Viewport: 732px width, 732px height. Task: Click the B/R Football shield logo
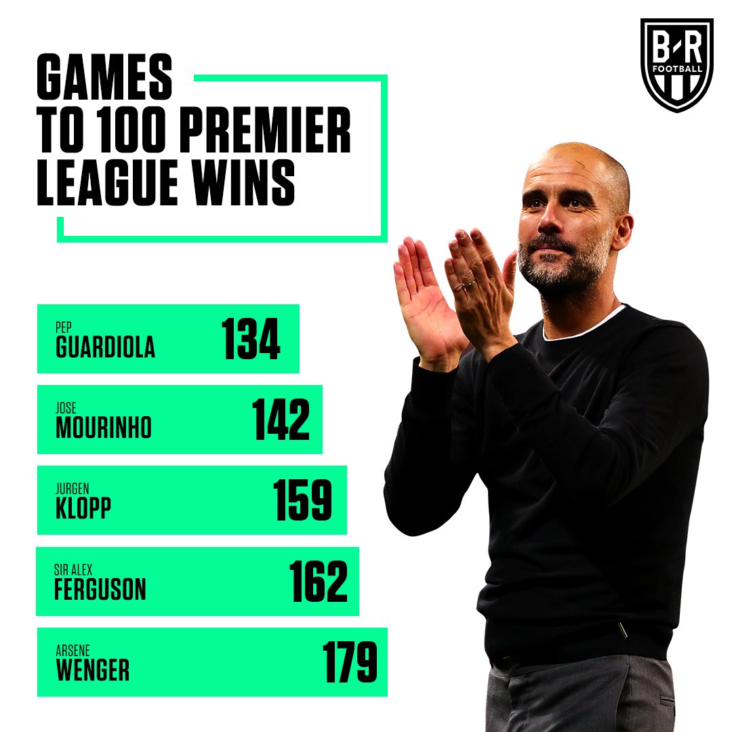(x=676, y=64)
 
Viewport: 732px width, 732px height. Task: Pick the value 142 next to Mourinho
(x=281, y=420)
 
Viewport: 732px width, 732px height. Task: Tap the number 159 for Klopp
(x=303, y=501)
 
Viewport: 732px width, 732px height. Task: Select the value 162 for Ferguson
(x=319, y=582)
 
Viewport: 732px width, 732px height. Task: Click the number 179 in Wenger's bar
(x=349, y=662)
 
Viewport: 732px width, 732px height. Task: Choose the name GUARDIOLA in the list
(x=105, y=346)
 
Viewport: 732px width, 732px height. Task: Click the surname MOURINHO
(x=104, y=428)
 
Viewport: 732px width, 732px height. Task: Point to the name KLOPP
(x=83, y=509)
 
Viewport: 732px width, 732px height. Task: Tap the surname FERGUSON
(x=100, y=590)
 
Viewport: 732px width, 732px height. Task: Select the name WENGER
(x=92, y=670)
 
